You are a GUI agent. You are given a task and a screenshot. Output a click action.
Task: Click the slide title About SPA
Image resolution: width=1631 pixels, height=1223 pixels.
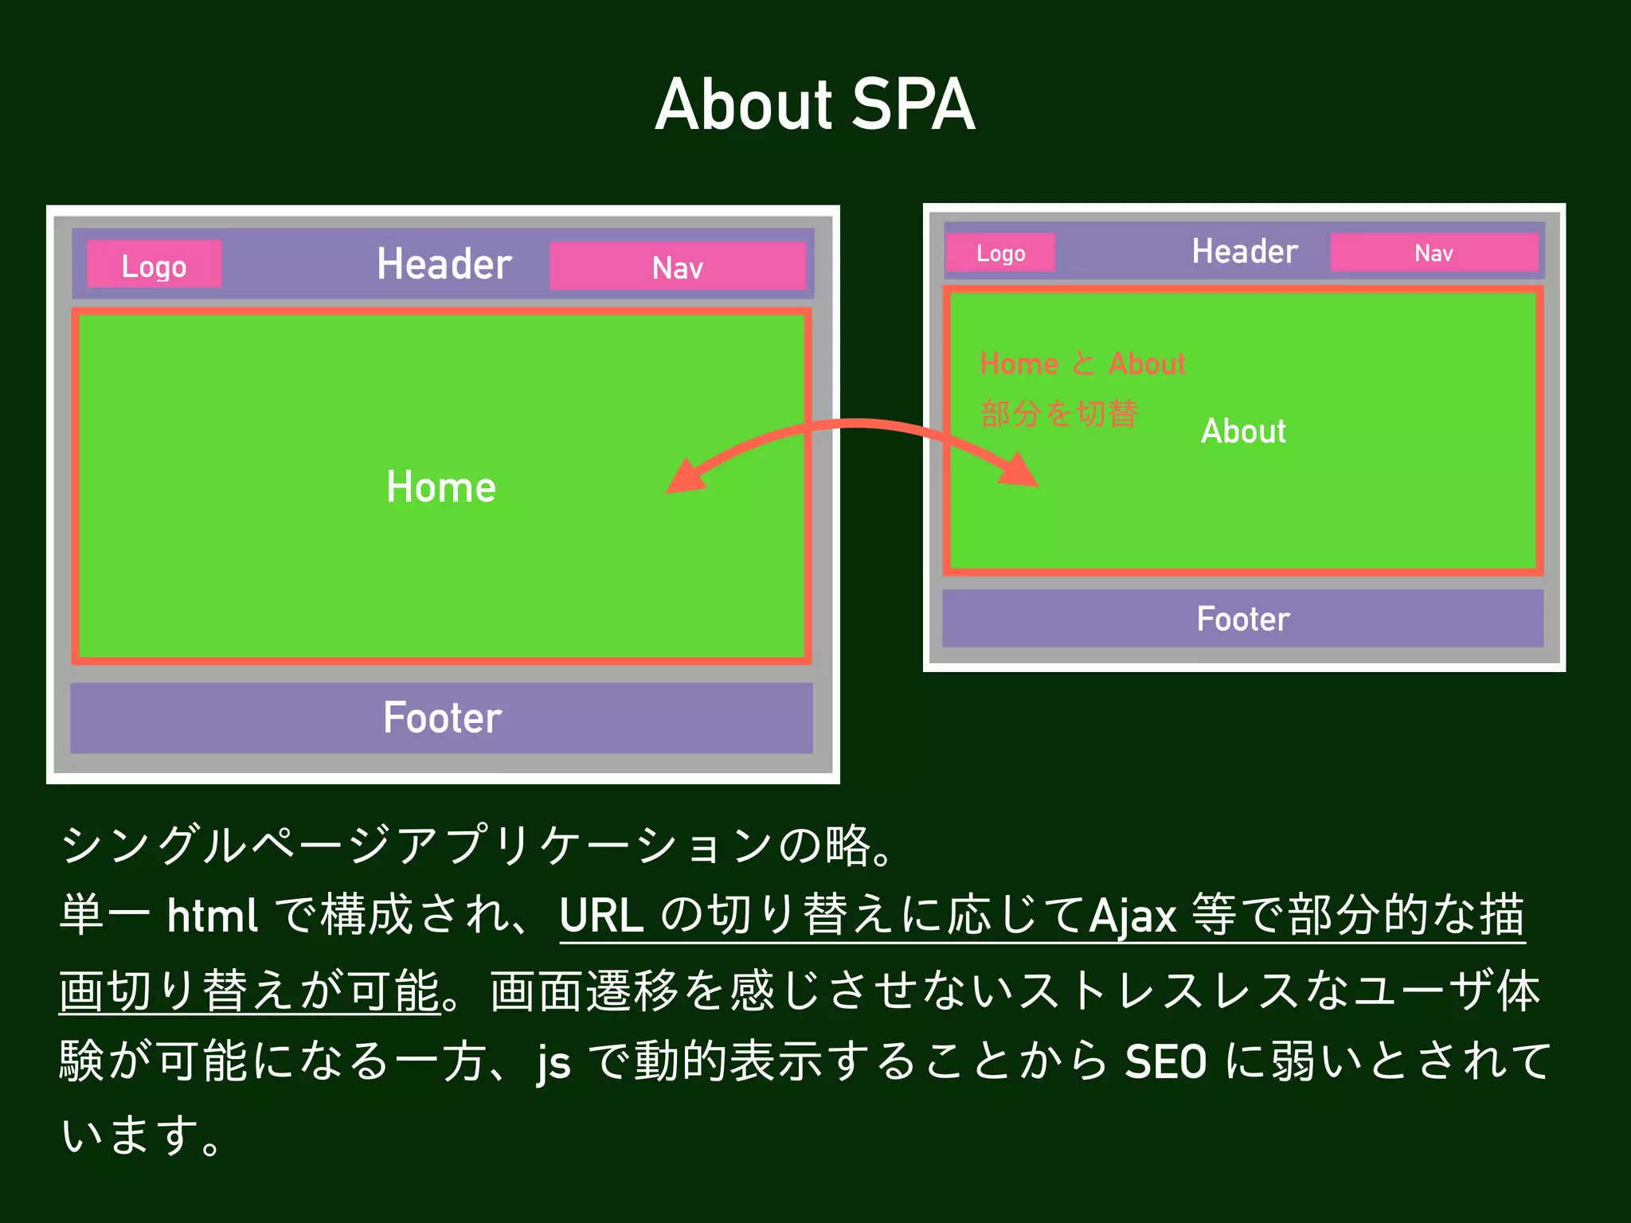pyautogui.click(x=815, y=105)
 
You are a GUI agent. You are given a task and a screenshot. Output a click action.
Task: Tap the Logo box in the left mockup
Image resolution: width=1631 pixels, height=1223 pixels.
pyautogui.click(x=154, y=265)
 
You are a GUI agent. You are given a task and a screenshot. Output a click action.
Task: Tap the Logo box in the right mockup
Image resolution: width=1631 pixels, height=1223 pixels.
pyautogui.click(x=1000, y=253)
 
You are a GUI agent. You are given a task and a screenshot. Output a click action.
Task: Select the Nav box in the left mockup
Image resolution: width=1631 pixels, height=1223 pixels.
pyautogui.click(x=678, y=267)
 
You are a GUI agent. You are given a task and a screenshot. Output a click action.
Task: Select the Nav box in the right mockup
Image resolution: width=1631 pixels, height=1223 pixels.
pyautogui.click(x=1433, y=253)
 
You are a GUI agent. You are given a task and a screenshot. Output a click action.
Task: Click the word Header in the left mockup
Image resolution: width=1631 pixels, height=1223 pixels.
pyautogui.click(x=444, y=264)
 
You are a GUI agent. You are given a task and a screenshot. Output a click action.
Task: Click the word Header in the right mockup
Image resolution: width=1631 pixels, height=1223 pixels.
pyautogui.click(x=1244, y=252)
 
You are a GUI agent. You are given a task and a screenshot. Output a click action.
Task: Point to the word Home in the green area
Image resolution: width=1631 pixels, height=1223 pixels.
pyautogui.click(x=440, y=486)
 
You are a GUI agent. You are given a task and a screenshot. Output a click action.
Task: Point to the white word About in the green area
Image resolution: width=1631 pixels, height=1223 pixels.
pyautogui.click(x=1243, y=431)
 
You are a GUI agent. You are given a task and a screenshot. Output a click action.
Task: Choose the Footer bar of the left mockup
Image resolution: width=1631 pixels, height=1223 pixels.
pyautogui.click(x=442, y=717)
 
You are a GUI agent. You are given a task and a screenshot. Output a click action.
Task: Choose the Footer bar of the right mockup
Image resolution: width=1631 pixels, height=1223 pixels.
pyautogui.click(x=1242, y=619)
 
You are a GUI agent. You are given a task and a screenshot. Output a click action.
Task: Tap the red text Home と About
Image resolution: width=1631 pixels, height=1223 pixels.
pyautogui.click(x=1082, y=364)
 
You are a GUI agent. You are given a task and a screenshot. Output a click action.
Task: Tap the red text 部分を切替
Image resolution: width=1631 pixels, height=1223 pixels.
pyautogui.click(x=1058, y=413)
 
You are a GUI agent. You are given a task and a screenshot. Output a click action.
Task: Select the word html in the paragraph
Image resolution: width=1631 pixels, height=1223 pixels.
pyautogui.click(x=212, y=916)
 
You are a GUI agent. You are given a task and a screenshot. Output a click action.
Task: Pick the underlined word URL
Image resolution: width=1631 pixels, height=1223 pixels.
pyautogui.click(x=601, y=916)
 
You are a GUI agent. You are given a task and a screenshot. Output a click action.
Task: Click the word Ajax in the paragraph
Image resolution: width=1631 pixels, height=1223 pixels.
pyautogui.click(x=1132, y=916)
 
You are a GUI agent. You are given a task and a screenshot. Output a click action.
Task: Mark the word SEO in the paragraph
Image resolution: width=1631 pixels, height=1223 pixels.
pyautogui.click(x=1165, y=1061)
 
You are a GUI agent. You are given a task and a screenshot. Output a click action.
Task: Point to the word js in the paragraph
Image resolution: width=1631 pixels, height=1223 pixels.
pyautogui.click(x=554, y=1063)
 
